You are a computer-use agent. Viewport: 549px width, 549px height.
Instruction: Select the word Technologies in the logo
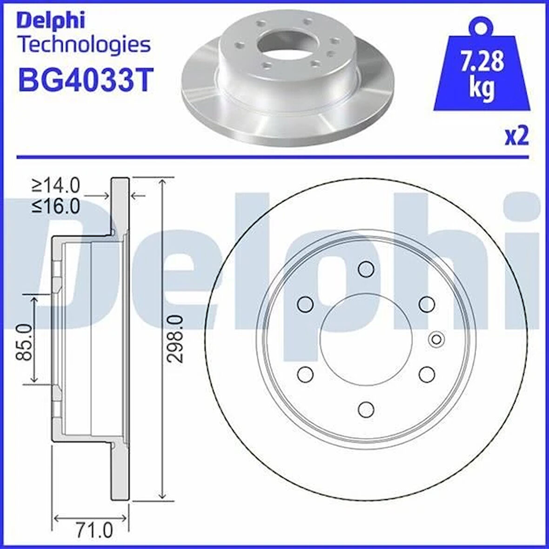pos(84,45)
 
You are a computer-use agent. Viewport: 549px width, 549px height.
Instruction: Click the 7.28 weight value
pos(482,62)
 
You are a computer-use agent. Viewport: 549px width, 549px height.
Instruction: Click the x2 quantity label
pos(517,137)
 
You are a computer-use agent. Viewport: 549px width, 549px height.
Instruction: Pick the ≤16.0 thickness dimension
pos(56,205)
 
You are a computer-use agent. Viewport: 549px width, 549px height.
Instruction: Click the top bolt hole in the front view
pos(366,269)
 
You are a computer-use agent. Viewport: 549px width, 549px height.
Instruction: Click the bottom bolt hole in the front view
pos(366,408)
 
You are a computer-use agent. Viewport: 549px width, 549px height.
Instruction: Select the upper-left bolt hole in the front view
pos(305,304)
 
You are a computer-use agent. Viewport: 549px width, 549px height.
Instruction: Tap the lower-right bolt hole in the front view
pos(427,374)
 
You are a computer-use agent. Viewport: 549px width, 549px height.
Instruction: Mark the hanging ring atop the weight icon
pos(481,26)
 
